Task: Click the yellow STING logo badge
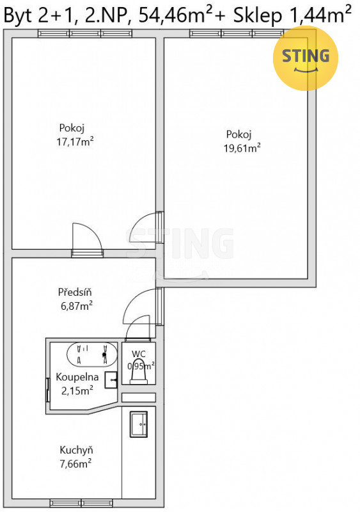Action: (x=306, y=58)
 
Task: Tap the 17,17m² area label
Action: (x=75, y=142)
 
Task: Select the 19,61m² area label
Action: (x=242, y=148)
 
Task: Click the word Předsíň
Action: (x=75, y=292)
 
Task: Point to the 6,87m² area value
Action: (x=76, y=306)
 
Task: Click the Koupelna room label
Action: (x=77, y=377)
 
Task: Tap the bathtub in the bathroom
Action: (x=92, y=354)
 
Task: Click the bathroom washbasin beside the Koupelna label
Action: (x=111, y=380)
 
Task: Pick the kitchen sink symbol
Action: (x=139, y=424)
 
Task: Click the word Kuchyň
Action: (x=76, y=450)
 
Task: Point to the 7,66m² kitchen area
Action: (x=75, y=463)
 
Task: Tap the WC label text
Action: (x=138, y=354)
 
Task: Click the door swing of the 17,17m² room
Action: (x=88, y=237)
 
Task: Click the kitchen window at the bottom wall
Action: (x=81, y=502)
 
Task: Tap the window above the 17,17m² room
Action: (x=85, y=33)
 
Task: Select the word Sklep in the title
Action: (x=257, y=15)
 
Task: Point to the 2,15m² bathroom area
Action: (x=77, y=390)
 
